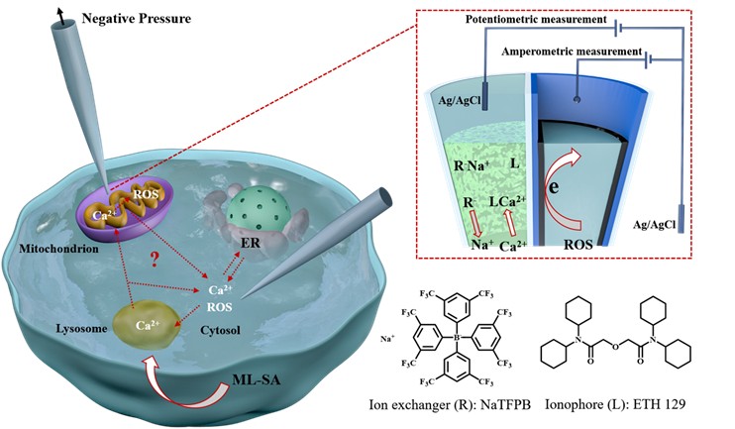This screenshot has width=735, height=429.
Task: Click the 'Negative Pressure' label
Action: (108, 17)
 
